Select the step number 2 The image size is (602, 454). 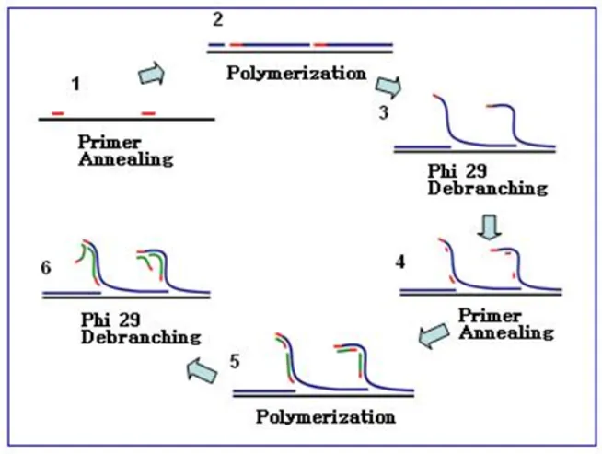(217, 19)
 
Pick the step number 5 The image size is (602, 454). (237, 360)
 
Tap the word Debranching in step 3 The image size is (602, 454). (487, 189)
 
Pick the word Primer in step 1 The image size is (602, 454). (110, 143)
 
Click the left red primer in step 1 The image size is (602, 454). (58, 113)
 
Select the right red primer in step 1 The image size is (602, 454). (148, 113)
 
